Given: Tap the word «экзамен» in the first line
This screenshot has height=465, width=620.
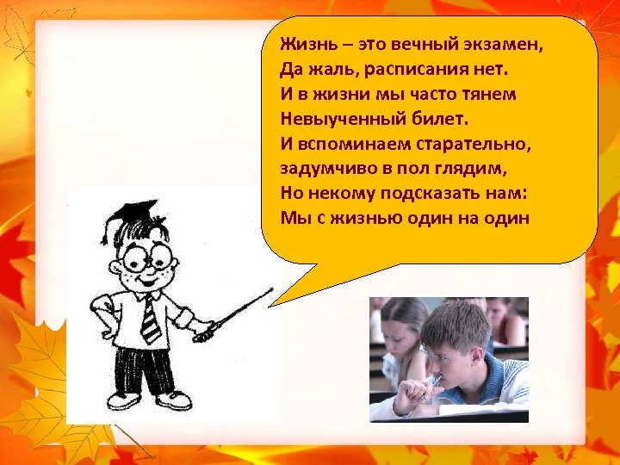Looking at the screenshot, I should [509, 44].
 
